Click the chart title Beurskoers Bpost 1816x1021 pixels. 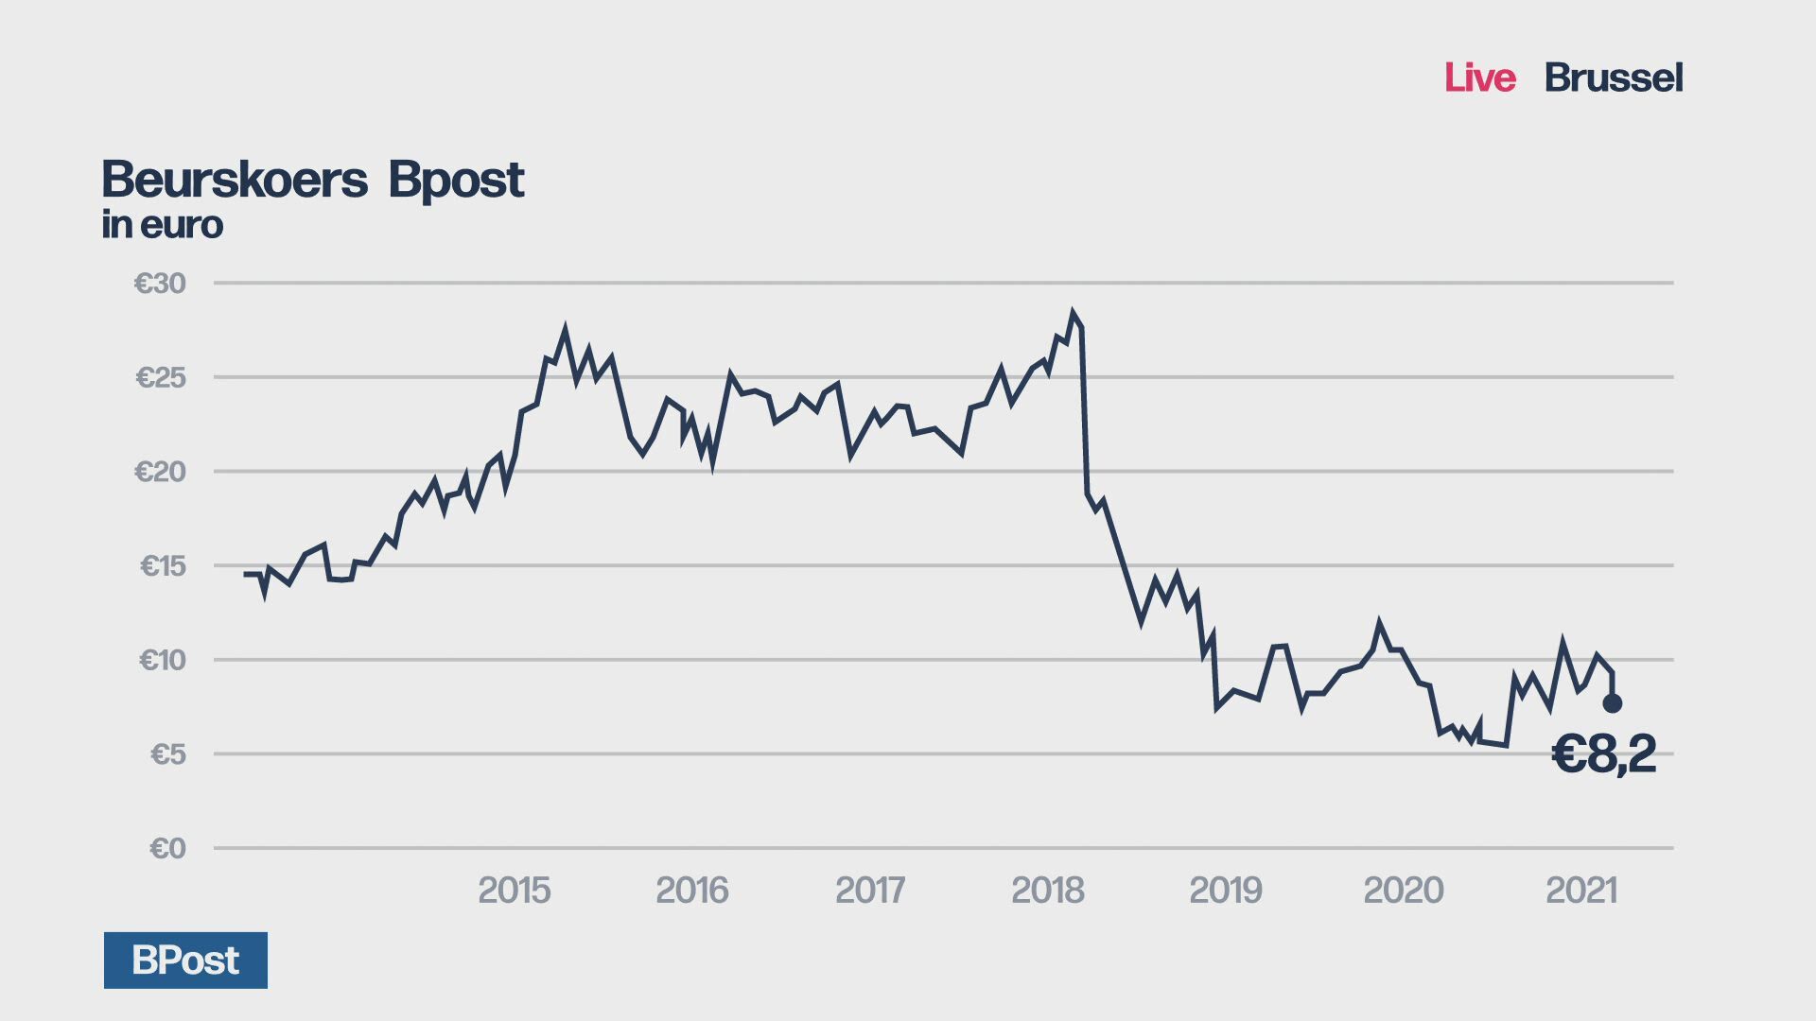coord(312,180)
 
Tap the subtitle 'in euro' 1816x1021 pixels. coord(163,225)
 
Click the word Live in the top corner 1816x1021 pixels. coord(1479,78)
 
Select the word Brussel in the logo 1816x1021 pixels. coord(1613,78)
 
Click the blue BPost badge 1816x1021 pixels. coord(185,960)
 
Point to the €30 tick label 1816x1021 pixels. coord(160,283)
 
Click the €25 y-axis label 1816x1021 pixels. coord(161,377)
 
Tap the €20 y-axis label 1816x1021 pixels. coord(160,471)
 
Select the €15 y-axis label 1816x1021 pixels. coord(163,565)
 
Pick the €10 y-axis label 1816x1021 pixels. coord(162,659)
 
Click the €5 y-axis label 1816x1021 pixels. coord(167,753)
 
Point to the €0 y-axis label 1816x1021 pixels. coord(167,848)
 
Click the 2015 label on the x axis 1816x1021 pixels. coord(514,890)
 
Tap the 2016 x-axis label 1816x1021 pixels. coord(691,890)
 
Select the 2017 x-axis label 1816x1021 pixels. coord(869,890)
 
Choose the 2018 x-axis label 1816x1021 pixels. coord(1047,890)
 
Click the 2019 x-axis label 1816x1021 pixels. coord(1225,890)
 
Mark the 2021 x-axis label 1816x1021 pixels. coord(1580,890)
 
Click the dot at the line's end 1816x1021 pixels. coord(1613,703)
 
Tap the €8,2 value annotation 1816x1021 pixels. coord(1604,754)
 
